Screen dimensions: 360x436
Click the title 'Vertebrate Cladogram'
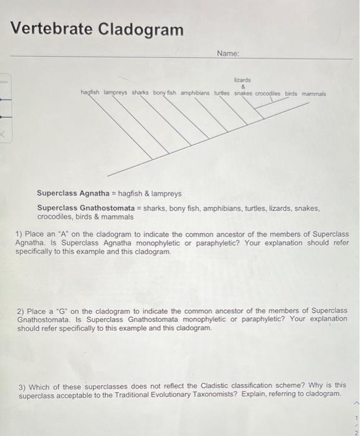98,29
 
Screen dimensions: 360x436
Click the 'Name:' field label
229,54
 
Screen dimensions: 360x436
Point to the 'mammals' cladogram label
313,93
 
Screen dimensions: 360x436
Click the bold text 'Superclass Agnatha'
70,194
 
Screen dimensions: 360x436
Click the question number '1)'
19,234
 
